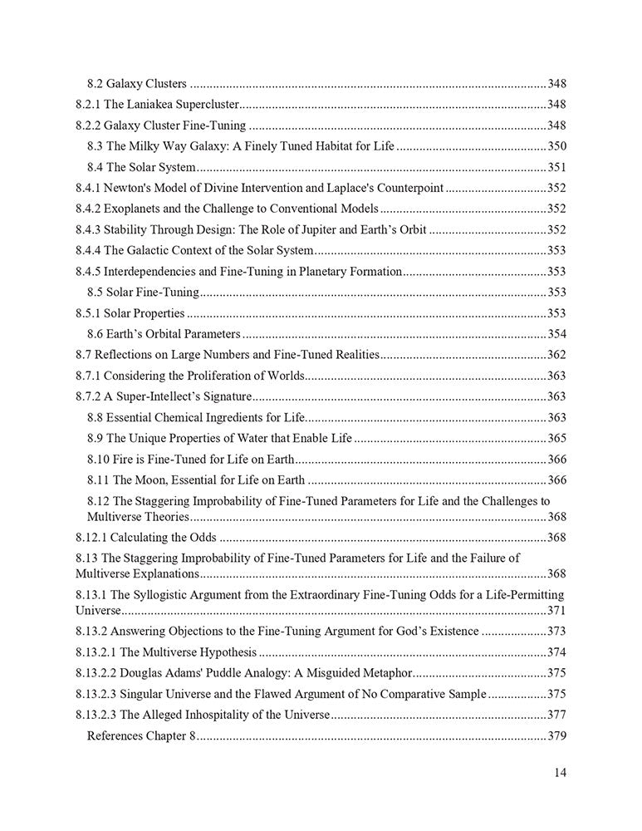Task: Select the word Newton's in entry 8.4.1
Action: coord(129,188)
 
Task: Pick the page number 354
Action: coord(556,333)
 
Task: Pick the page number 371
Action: coord(556,611)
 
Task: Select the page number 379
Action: coord(556,735)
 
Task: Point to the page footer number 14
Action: coord(560,772)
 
